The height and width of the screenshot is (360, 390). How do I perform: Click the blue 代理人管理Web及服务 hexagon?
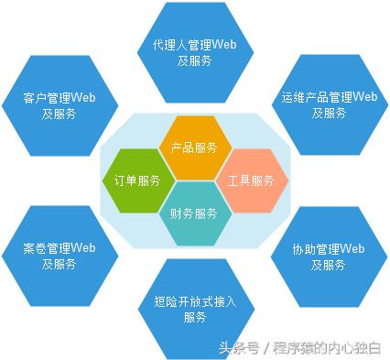[194, 51]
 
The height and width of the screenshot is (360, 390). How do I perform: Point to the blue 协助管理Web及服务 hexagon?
[329, 256]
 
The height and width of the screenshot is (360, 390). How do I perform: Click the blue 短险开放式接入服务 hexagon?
[194, 308]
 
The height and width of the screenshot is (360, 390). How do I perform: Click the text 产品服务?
[194, 147]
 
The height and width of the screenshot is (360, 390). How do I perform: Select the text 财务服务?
[194, 214]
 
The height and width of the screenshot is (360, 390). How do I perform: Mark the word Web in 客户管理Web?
[83, 97]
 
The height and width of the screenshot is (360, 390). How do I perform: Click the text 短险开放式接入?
[194, 300]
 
